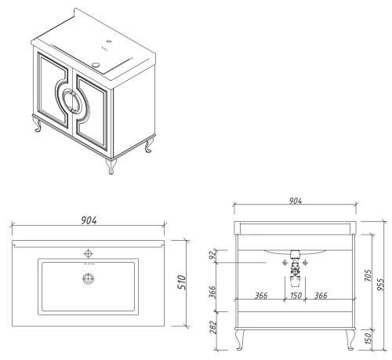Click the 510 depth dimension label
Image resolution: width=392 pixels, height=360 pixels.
[x=182, y=282]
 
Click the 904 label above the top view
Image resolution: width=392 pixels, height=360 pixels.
[x=89, y=220]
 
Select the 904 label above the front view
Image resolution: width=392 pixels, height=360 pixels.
[x=296, y=201]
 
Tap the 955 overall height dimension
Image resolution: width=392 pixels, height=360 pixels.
[x=381, y=285]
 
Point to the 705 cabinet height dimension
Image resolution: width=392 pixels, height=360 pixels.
[x=368, y=275]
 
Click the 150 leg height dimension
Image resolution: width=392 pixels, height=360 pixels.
[x=368, y=338]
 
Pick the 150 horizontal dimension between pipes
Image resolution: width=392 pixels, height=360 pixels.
[x=296, y=296]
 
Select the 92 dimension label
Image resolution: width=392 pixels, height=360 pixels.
[x=214, y=253]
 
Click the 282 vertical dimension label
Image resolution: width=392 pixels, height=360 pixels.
[x=213, y=327]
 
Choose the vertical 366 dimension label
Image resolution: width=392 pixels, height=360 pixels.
[x=212, y=292]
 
